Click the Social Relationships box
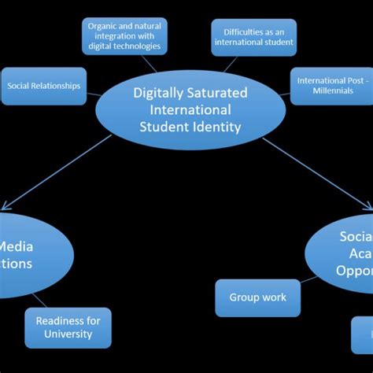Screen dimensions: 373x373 43,86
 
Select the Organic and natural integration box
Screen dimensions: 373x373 125,36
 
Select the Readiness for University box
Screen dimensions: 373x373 68,327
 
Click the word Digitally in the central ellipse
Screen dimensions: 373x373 154,94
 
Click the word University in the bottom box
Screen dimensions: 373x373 68,334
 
